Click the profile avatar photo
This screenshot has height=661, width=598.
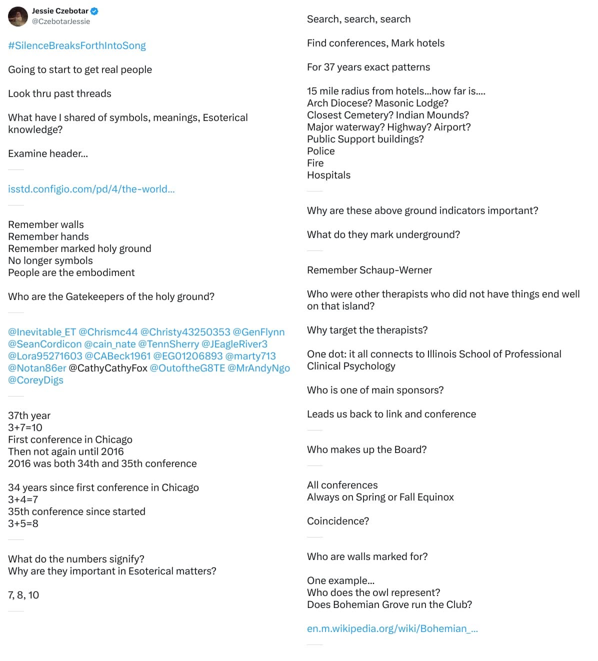pos(18,16)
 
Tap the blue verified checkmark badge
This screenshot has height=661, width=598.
pos(94,11)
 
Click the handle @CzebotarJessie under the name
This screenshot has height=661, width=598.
pos(61,21)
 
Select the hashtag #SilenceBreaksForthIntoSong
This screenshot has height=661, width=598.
pos(77,45)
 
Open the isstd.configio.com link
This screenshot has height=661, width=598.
pos(91,189)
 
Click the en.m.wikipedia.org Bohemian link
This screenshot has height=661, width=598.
pos(392,628)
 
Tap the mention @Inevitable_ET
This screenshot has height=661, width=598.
pos(42,332)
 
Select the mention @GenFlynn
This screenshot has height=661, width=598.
pos(258,332)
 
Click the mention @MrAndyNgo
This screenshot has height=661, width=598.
pos(258,368)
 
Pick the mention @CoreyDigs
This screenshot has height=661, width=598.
pos(35,380)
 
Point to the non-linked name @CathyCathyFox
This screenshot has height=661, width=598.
pos(108,368)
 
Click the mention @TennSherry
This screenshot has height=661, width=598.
pos(168,344)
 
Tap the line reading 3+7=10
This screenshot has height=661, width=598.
pos(25,427)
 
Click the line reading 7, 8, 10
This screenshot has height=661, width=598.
pos(23,595)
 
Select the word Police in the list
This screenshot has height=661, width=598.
pos(321,151)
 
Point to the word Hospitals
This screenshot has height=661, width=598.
pos(328,175)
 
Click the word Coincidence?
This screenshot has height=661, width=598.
pos(338,521)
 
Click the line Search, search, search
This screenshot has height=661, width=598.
pos(358,19)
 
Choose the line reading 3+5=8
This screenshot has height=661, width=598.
pos(23,523)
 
